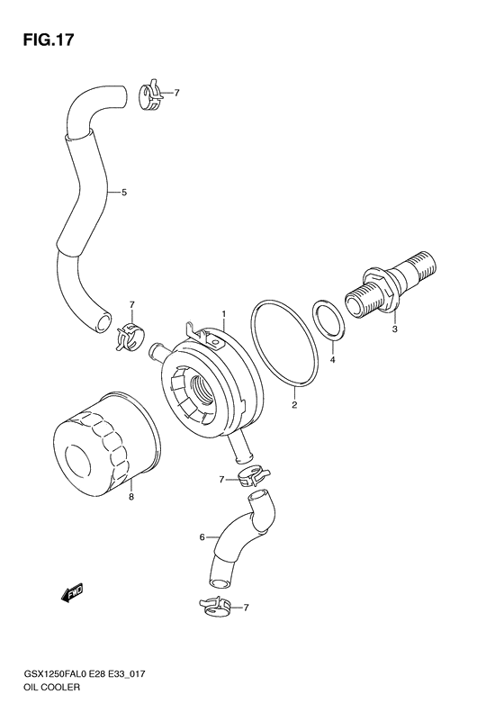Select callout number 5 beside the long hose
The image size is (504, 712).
click(x=124, y=192)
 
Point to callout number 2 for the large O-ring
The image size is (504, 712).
click(x=294, y=405)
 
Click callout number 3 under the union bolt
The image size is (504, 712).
click(x=393, y=329)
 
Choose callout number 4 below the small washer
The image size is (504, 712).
click(x=332, y=360)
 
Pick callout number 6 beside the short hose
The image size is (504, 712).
click(x=202, y=537)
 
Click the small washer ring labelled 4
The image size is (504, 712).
click(x=327, y=320)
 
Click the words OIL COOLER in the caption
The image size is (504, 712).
click(x=44, y=688)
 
